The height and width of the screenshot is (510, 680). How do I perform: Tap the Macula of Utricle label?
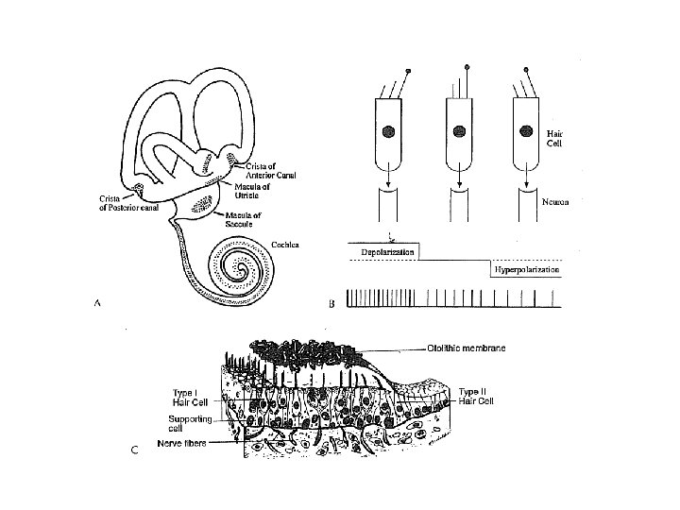(x=251, y=192)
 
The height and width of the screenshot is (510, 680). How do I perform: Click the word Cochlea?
(x=285, y=245)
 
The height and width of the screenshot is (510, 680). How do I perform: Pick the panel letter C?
(x=134, y=450)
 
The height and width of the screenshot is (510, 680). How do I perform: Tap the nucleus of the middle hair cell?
(x=460, y=132)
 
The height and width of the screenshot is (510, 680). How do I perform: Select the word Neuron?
(x=561, y=201)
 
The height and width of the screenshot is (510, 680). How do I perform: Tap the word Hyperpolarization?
(x=526, y=270)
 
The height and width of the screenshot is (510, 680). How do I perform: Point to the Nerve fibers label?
(x=183, y=442)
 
